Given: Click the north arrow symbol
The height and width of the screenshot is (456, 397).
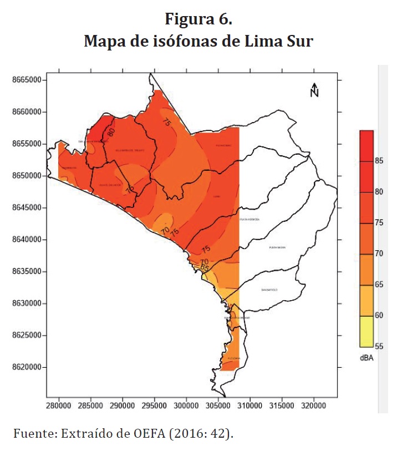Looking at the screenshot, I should pos(314,89).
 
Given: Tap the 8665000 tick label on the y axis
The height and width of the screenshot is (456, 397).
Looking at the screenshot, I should pos(27,80).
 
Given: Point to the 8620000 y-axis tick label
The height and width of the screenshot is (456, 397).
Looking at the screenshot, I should pos(27,367).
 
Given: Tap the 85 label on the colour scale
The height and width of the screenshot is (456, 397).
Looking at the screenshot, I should pos(379,161).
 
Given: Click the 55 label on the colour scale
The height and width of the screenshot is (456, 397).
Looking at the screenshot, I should pos(379,346).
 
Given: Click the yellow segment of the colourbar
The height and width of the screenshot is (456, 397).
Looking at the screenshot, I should pos(366,331).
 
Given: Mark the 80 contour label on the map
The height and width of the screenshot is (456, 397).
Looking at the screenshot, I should pos(111,132).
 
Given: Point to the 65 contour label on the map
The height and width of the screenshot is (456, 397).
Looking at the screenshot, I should pos(204,268).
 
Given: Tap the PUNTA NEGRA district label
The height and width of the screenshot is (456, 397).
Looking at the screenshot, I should pos(277,247).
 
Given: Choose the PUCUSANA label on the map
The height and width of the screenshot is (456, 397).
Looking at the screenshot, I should pos(233,359).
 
